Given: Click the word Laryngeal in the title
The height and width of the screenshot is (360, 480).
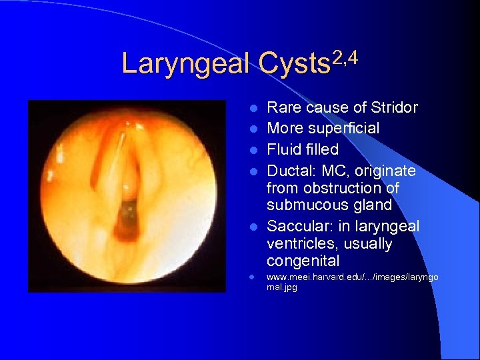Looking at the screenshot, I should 185,65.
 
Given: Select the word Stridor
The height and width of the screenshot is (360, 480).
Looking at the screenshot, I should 393,107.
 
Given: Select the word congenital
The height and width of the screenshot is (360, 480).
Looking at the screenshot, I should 303,261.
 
